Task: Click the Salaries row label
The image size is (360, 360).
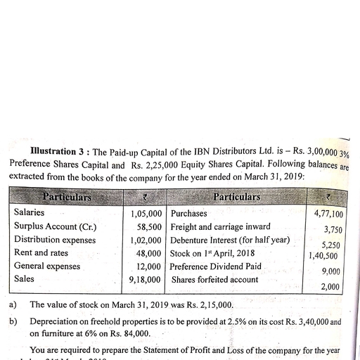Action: (29, 212)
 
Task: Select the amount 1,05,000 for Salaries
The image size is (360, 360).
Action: (146, 213)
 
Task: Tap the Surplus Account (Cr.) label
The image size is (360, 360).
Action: (56, 226)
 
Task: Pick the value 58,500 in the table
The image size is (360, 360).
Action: (150, 226)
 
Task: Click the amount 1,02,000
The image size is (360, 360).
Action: (146, 240)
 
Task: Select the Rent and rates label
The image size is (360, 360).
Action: (41, 252)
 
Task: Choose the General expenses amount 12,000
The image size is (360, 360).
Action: (150, 266)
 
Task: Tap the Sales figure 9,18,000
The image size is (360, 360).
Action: (146, 280)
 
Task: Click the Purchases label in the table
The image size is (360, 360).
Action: (189, 213)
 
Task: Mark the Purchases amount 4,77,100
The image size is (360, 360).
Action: (328, 214)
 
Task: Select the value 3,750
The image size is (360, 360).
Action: (333, 230)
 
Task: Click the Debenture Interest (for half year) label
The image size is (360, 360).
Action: (231, 240)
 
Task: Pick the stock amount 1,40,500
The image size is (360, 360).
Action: (325, 257)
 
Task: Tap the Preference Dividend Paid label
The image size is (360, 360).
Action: (217, 266)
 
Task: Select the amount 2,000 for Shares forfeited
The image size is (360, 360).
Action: (330, 287)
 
